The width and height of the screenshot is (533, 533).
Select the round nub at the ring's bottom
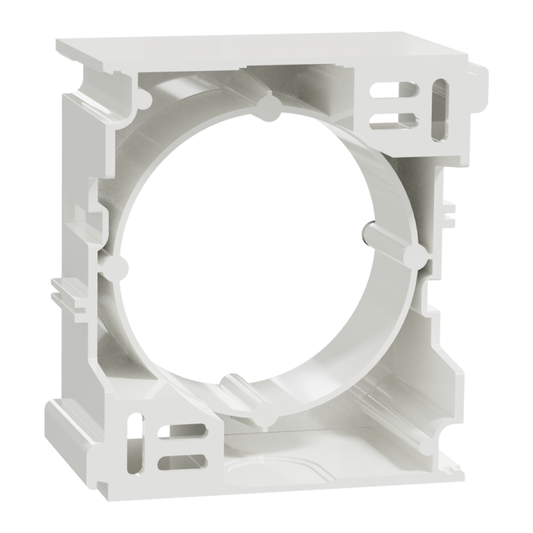262,417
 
